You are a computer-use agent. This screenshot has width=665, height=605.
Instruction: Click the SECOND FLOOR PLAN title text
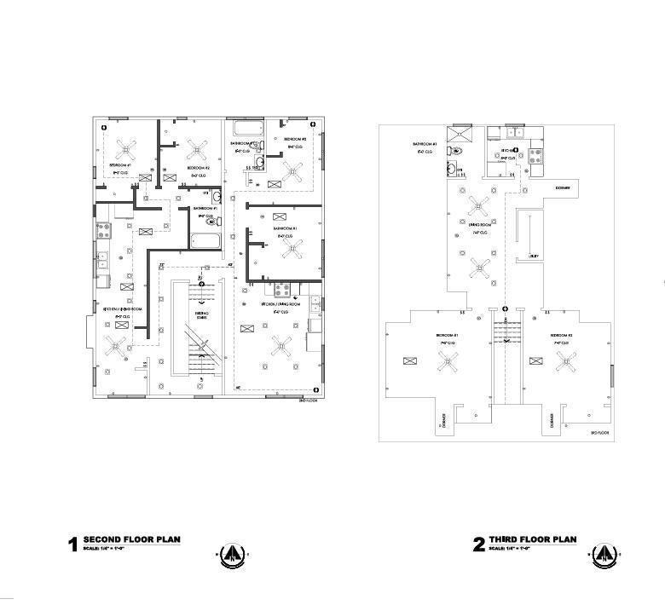pos(131,540)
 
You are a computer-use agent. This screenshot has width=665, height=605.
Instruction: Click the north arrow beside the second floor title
pos(232,556)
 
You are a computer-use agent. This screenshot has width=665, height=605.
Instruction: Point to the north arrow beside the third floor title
pos(604,556)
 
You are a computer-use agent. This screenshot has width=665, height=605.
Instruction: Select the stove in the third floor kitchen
pos(536,155)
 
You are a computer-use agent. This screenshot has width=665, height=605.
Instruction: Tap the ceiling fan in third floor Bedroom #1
pos(446,362)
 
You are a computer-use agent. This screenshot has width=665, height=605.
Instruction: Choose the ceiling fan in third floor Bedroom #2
pos(565,362)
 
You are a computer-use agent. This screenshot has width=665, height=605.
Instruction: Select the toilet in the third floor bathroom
pos(457,151)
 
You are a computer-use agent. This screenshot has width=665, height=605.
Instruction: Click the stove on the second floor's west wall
pos(103,229)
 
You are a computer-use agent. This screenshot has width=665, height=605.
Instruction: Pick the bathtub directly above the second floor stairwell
pos(205,242)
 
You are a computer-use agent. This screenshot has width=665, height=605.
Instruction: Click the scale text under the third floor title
pos(510,549)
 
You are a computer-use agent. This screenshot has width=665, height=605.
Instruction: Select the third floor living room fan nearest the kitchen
pos(479,205)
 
